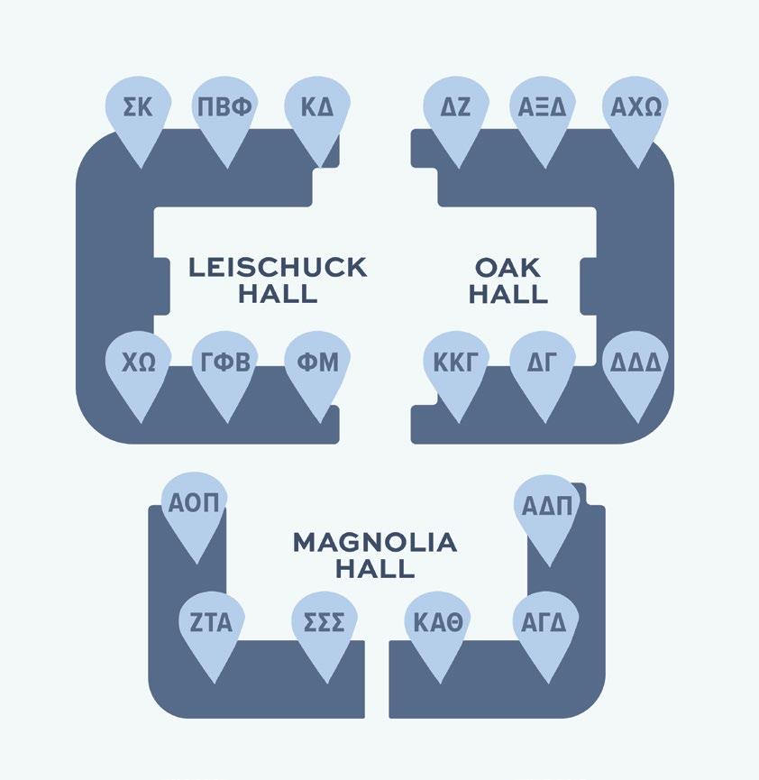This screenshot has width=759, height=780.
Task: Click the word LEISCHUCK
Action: pos(278,268)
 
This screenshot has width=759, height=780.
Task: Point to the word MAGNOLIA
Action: pos(375,543)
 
